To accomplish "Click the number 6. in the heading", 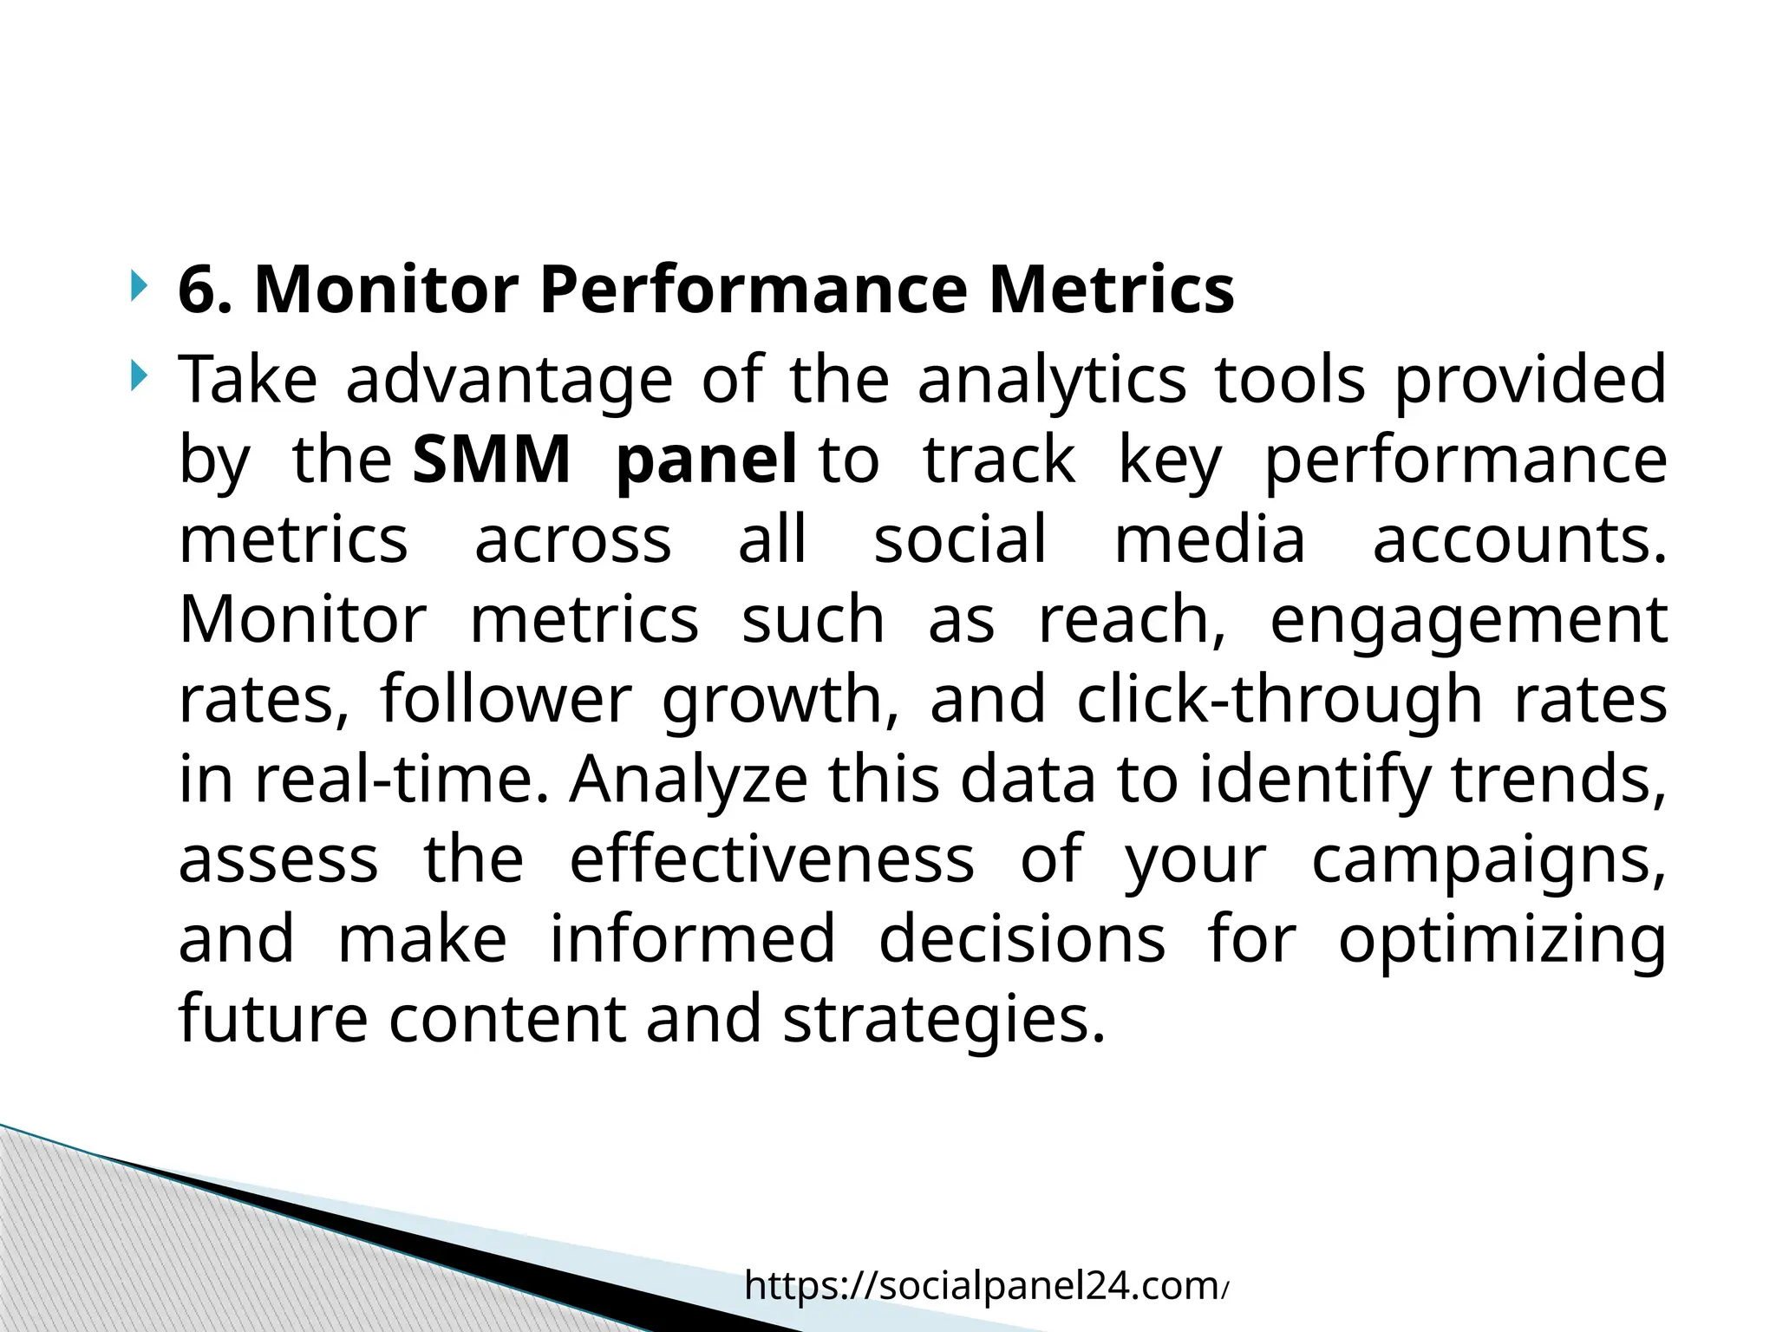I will [x=206, y=291].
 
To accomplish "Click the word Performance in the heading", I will [x=753, y=291].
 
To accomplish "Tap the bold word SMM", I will [x=491, y=460].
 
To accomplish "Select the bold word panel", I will [x=706, y=460].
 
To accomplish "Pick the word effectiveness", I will [x=772, y=859].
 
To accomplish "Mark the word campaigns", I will [x=1487, y=860].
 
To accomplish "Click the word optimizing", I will [x=1502, y=940].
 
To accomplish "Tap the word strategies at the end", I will [x=943, y=1020].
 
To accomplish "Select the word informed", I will [x=692, y=938].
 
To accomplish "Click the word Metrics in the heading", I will [x=1112, y=291].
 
